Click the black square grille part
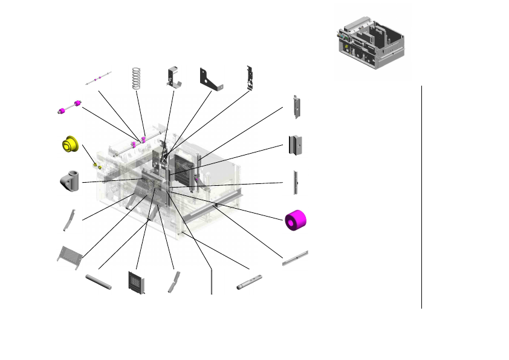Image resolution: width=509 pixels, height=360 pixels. pos(137,282)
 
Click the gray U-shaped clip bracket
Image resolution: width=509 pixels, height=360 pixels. pos(174,77)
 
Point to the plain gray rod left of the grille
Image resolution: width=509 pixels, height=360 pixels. pos(99,282)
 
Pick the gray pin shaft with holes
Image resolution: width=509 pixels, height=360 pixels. pos(249,281)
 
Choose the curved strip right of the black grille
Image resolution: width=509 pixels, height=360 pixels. pos(174,281)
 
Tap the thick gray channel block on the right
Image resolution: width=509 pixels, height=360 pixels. pos(294,145)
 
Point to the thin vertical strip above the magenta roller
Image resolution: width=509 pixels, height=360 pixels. pos(295,182)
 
